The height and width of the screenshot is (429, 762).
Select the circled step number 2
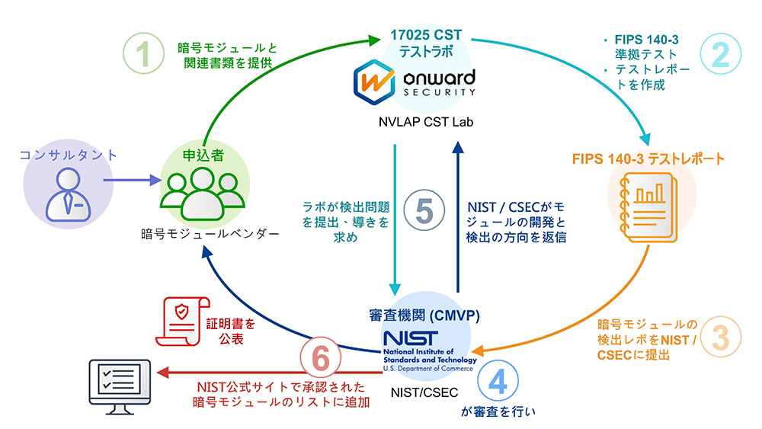[719, 53]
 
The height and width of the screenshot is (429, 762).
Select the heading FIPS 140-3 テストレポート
[647, 159]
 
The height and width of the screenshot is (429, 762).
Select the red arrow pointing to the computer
[229, 373]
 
